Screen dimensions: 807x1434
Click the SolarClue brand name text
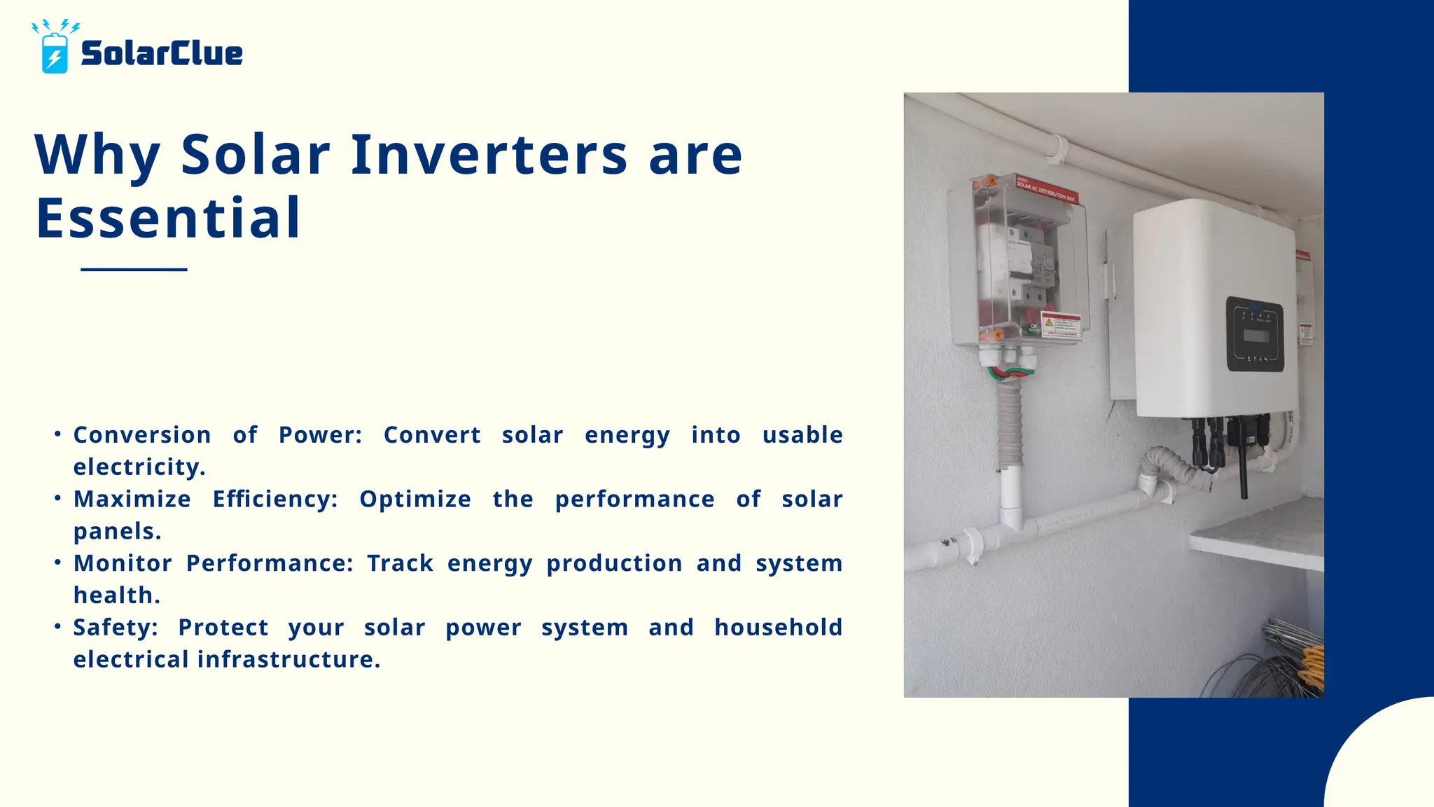pos(162,54)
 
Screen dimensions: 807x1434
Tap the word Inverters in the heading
pos(489,155)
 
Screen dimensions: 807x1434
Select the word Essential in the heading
pos(168,219)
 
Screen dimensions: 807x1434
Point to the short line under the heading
pos(134,269)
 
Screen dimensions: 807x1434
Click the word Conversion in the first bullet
pos(142,435)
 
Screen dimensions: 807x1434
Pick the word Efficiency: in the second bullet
pos(275,499)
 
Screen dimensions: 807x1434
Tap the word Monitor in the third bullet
pos(123,563)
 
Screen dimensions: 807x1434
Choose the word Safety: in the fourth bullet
pos(116,628)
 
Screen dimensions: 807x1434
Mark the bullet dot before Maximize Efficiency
pos(58,498)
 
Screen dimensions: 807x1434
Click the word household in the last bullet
pos(778,628)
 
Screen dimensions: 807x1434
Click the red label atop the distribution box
pos(1047,189)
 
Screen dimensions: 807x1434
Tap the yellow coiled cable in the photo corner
pos(1312,665)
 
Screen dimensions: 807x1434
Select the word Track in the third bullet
pos(400,563)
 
